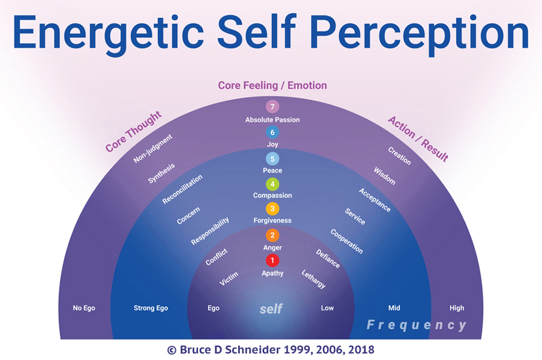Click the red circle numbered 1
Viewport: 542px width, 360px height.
[x=273, y=260]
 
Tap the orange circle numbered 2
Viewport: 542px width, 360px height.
[x=273, y=235]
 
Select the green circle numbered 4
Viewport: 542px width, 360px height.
[x=273, y=184]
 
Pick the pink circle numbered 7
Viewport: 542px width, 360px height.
[x=273, y=107]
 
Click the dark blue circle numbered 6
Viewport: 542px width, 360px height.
[x=273, y=133]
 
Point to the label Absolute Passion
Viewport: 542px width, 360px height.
[x=273, y=120]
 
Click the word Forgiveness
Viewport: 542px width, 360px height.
[x=273, y=221]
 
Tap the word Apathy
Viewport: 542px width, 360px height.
[x=273, y=274]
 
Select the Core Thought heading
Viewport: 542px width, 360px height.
[x=133, y=131]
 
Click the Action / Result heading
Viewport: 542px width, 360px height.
[x=418, y=139]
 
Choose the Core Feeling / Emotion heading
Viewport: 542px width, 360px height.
[x=273, y=85]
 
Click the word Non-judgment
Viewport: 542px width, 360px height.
[x=153, y=149]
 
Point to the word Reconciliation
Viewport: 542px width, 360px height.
[x=182, y=189]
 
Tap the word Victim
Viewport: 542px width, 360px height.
[x=229, y=278]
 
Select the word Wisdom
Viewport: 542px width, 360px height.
[x=385, y=176]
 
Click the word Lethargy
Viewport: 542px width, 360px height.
[x=313, y=279]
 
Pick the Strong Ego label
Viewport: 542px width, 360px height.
[x=151, y=308]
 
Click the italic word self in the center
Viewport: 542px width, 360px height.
[x=271, y=309]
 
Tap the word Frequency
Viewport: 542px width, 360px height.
[x=417, y=325]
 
